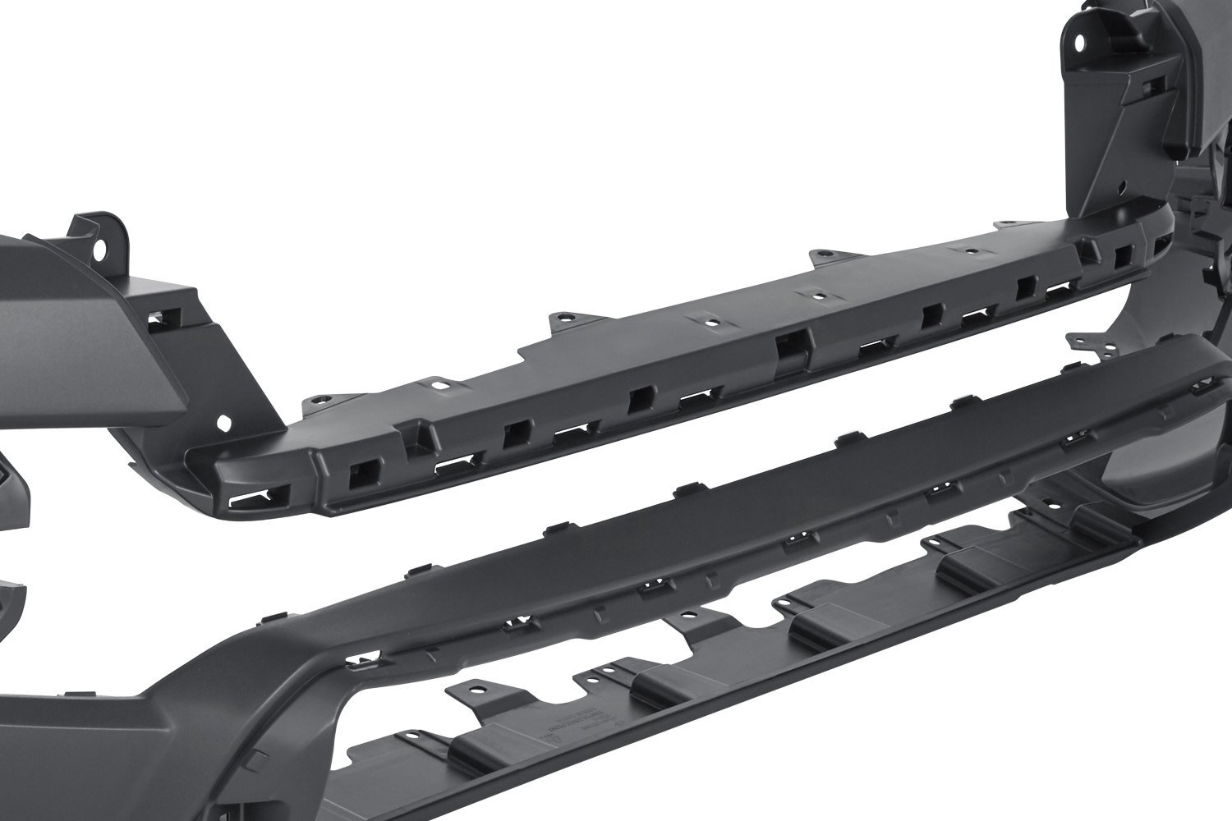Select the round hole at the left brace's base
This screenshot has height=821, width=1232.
coord(224,424)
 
